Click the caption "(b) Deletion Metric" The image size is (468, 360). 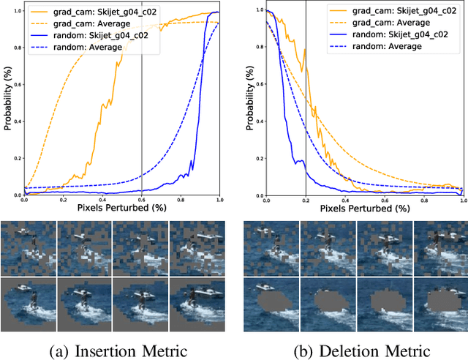tap(355, 350)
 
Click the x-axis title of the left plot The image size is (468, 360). tap(121, 209)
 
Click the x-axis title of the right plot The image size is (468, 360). tap(364, 209)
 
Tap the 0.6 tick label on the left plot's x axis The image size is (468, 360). tap(141, 200)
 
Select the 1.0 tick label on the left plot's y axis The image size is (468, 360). tap(15, 11)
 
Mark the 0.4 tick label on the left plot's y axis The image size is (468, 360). tap(15, 121)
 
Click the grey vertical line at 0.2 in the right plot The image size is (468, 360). tap(306, 146)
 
